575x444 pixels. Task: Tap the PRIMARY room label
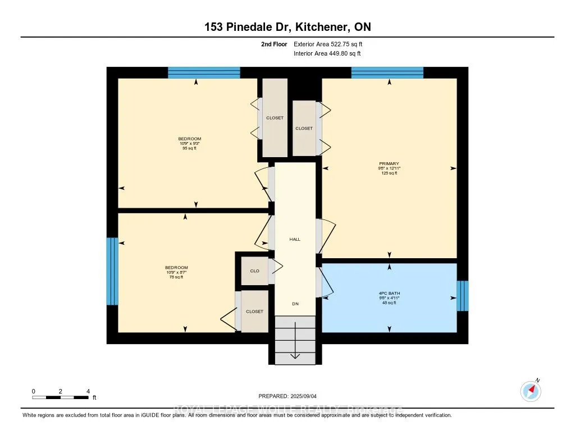(388, 164)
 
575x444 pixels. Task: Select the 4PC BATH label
(388, 293)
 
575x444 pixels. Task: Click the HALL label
(295, 239)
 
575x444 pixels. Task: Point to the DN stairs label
(295, 304)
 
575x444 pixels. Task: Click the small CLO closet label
(254, 271)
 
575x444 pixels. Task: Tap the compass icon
(531, 391)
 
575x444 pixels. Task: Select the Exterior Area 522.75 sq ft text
(332, 44)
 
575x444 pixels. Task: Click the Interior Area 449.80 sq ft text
(327, 54)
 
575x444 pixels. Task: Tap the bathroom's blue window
(462, 295)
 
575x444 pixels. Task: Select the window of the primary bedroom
(387, 72)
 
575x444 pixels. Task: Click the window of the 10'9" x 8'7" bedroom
(112, 271)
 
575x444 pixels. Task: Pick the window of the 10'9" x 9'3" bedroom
(204, 72)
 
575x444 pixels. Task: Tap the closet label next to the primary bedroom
(304, 128)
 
